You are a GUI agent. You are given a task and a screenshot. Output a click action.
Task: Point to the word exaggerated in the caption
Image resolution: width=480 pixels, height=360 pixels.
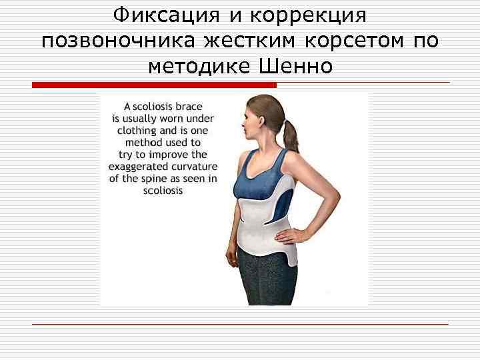coord(141,167)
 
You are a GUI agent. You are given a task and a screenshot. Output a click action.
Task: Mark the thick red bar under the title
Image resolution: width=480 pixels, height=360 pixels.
coord(154,85)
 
